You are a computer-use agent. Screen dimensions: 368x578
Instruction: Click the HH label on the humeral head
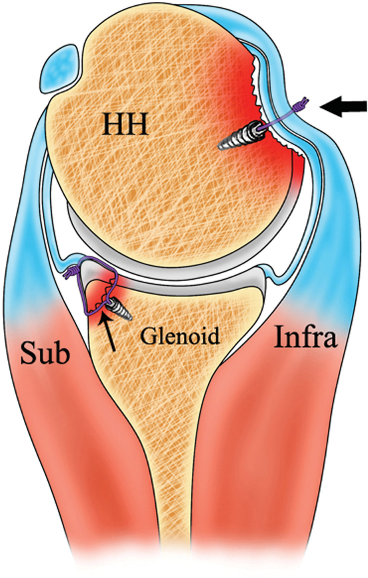[125, 125]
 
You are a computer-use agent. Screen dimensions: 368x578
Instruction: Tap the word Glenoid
[180, 336]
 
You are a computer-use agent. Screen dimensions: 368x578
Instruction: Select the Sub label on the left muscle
[45, 352]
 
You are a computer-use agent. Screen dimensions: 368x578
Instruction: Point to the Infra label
[305, 338]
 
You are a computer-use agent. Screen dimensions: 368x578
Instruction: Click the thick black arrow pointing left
[343, 107]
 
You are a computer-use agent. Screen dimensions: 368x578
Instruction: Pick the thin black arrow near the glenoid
[109, 332]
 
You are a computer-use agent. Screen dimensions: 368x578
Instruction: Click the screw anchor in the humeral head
[241, 137]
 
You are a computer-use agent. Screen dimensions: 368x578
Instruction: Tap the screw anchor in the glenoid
[118, 309]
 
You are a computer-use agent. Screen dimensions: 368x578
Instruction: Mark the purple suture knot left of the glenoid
[69, 273]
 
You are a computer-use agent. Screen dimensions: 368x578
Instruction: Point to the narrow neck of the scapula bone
[175, 424]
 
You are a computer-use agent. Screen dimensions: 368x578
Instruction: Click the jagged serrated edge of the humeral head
[259, 92]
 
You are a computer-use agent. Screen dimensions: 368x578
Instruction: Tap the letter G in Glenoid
[147, 336]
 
